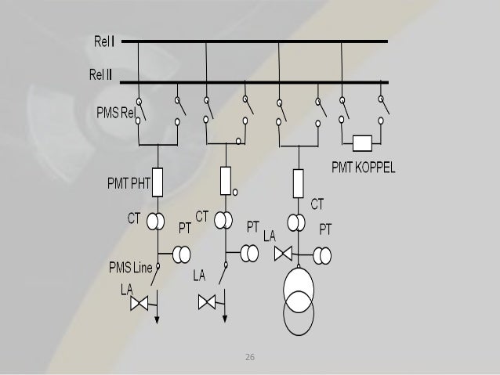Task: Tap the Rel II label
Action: [100, 75]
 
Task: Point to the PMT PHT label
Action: [127, 185]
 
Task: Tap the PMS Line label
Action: [130, 269]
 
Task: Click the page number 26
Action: [250, 357]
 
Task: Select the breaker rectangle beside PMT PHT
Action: [157, 182]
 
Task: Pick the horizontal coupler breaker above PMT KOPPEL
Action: [361, 143]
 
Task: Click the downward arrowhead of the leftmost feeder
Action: [158, 318]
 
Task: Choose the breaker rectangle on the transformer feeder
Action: [297, 182]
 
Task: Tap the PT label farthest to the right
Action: [324, 229]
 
